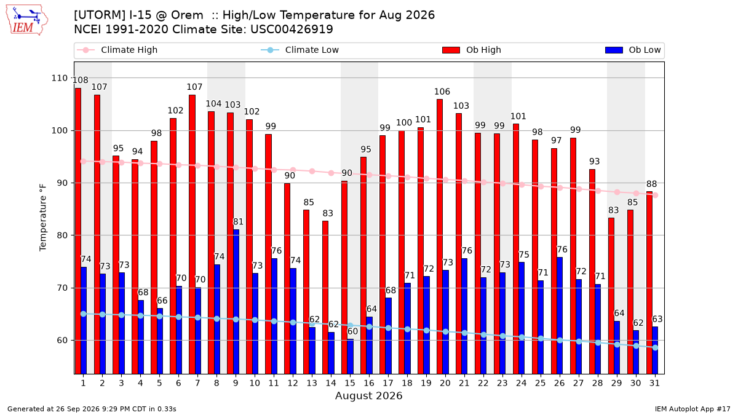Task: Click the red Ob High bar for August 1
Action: point(78,231)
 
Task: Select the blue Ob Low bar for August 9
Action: point(236,302)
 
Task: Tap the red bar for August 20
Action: point(440,237)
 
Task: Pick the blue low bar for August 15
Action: point(350,357)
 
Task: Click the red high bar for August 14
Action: point(325,298)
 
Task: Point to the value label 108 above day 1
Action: point(81,80)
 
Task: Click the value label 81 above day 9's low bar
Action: point(238,222)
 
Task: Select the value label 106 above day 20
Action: point(442,92)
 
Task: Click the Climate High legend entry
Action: point(117,50)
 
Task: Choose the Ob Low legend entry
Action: point(633,50)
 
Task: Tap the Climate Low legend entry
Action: point(300,50)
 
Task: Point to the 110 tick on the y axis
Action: point(59,78)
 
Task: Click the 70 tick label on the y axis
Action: point(62,288)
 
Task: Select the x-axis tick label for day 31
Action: point(654,383)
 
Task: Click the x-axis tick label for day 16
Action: point(369,383)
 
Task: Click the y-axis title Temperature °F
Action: point(43,218)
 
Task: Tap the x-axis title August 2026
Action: point(369,395)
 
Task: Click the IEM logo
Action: point(26,20)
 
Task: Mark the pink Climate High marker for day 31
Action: point(656,196)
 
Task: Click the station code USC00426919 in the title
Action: point(292,30)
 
